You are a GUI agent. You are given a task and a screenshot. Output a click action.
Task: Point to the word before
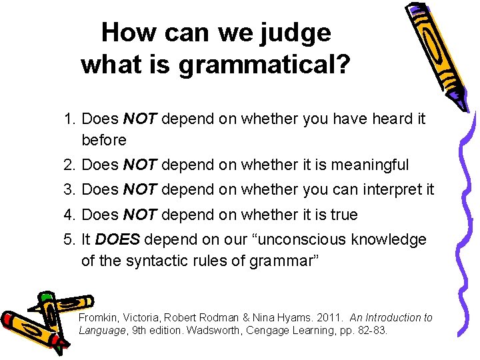(x=103, y=140)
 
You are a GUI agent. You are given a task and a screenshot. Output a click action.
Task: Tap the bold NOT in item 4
(x=139, y=215)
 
